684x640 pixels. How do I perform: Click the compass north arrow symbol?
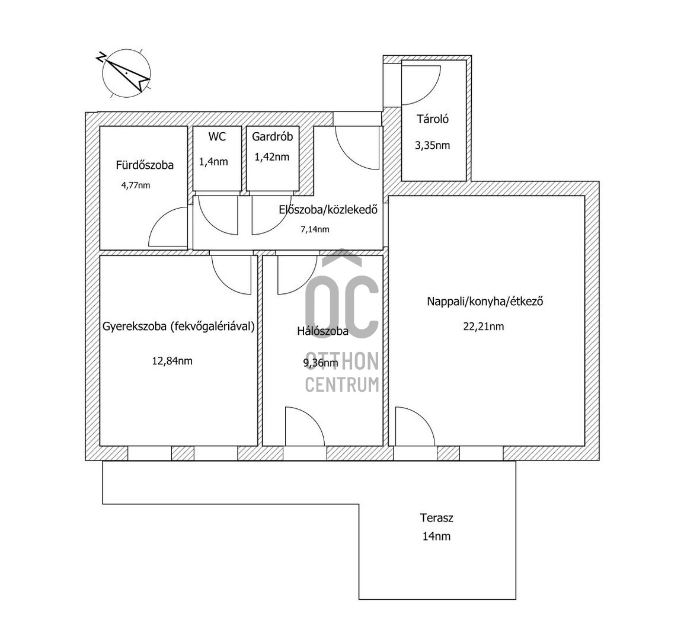126,73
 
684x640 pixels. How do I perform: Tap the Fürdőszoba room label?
145,165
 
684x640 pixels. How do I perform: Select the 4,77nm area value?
136,185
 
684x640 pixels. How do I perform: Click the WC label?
217,136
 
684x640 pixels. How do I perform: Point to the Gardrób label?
272,136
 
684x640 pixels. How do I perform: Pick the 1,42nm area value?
272,157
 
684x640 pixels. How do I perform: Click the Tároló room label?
432,119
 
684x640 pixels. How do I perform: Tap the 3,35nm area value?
432,145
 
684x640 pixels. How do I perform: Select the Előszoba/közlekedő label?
328,210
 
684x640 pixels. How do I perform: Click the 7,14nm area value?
315,229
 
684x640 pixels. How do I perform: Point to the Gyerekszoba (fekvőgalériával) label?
178,327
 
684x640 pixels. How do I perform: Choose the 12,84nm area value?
172,361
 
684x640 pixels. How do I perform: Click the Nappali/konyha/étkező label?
485,302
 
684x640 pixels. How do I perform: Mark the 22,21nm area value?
483,327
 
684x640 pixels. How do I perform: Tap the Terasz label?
437,518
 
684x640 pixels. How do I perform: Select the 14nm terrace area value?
436,536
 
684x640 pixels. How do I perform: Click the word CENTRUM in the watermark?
342,385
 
